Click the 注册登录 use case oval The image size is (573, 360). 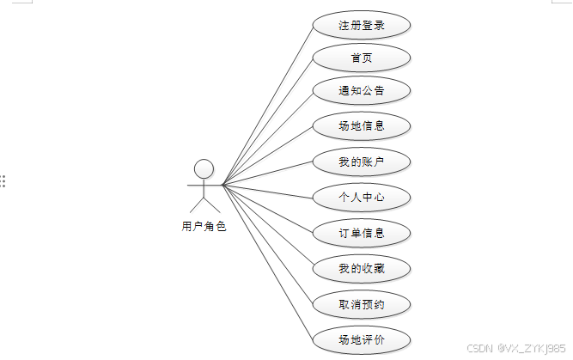click(x=361, y=25)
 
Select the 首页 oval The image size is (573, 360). click(x=361, y=58)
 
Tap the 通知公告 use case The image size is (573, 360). click(x=361, y=91)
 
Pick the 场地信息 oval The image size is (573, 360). click(x=361, y=126)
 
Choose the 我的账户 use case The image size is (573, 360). click(x=361, y=162)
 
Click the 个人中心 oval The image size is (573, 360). click(x=361, y=198)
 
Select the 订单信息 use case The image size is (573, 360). click(x=361, y=233)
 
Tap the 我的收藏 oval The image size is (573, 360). click(x=361, y=269)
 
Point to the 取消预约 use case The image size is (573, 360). click(x=361, y=304)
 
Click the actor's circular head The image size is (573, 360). click(x=204, y=168)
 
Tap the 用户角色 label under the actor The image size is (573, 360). click(x=204, y=228)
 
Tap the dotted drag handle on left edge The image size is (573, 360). click(x=3, y=181)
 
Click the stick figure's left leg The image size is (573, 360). click(x=196, y=205)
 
